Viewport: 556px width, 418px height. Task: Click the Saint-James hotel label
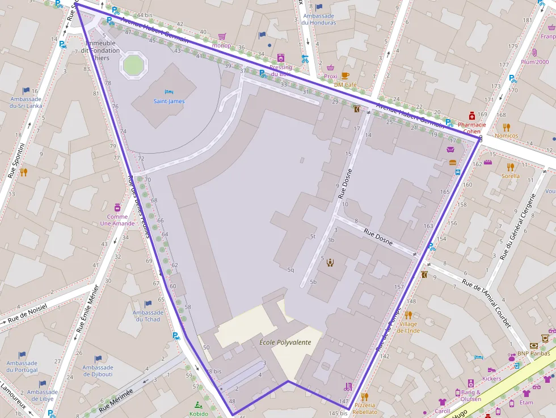169,102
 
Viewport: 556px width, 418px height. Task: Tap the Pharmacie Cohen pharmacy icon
471,115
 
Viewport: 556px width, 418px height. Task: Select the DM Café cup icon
345,75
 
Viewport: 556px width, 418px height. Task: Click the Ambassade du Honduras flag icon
319,7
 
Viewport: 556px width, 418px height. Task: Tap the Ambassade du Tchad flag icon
148,303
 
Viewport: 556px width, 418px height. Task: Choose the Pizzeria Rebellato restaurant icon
364,396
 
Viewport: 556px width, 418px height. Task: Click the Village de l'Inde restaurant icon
408,315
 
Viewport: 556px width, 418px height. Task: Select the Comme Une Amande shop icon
117,207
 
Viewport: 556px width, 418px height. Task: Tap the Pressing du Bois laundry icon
280,58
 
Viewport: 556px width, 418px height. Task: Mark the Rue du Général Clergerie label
519,226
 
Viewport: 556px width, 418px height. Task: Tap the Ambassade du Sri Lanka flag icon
26,90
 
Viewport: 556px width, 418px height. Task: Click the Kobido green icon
198,405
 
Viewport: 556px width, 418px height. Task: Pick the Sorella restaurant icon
510,167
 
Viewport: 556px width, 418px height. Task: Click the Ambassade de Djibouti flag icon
98,358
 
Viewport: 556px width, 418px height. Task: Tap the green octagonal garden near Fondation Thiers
133,65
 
